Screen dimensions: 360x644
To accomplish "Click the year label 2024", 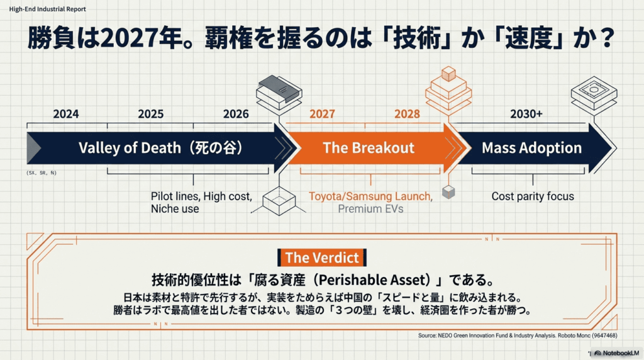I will click(x=66, y=114).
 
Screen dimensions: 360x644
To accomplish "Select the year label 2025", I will click(x=150, y=114).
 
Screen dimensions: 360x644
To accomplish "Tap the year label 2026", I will click(x=236, y=114).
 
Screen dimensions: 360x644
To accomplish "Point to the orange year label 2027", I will click(x=322, y=114).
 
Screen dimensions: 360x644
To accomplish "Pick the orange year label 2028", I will click(x=407, y=114).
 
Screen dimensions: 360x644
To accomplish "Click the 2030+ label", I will click(x=526, y=114).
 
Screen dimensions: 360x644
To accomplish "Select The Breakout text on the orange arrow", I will click(x=369, y=148).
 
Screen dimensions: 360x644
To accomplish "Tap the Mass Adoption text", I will click(x=531, y=148).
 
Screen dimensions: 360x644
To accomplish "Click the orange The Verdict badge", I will click(x=322, y=257).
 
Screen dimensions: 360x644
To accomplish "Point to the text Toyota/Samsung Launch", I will click(x=370, y=196).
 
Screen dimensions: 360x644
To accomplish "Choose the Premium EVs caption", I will click(x=370, y=209).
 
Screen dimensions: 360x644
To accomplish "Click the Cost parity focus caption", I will click(x=533, y=196).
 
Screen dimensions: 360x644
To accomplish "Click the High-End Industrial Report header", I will click(x=48, y=9).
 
